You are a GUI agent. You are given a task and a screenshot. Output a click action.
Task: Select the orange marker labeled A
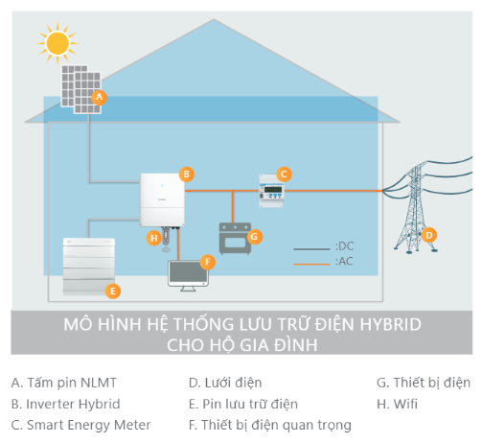100,97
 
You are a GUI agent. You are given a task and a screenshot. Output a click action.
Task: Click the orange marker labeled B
187,174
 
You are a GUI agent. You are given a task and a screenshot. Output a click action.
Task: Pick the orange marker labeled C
283,174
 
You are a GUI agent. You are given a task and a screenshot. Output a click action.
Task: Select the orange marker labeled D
429,234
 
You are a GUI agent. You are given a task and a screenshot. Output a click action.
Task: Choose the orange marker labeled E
112,290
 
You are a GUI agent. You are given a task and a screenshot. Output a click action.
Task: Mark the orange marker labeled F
208,261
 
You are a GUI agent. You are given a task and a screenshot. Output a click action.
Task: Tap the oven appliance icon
235,238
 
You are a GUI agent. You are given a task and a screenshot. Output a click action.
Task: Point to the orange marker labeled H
153,237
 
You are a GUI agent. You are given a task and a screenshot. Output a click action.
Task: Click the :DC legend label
344,246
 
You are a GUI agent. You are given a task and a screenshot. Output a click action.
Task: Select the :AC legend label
344,261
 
